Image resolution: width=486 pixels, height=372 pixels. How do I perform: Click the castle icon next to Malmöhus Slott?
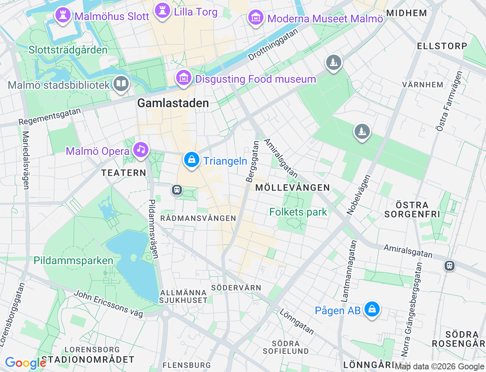pyautogui.click(x=63, y=16)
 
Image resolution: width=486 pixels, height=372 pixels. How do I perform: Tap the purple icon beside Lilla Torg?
pyautogui.click(x=163, y=11)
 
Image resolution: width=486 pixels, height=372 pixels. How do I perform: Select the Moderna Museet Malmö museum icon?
pyautogui.click(x=256, y=17)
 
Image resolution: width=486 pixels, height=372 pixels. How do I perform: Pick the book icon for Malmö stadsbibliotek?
pyautogui.click(x=121, y=84)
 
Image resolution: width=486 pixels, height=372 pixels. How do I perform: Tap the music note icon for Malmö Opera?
pyautogui.click(x=141, y=150)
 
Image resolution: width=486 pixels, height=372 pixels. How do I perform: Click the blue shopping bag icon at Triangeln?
pyautogui.click(x=192, y=160)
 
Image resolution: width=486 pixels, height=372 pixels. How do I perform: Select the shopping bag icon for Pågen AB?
pyautogui.click(x=372, y=309)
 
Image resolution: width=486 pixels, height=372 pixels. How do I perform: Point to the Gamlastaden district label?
pyautogui.click(x=173, y=103)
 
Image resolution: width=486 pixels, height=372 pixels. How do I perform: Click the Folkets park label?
pyautogui.click(x=298, y=212)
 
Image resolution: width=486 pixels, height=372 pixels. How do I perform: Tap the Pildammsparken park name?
pyautogui.click(x=73, y=260)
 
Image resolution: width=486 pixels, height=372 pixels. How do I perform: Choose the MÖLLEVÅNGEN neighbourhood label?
pyautogui.click(x=292, y=188)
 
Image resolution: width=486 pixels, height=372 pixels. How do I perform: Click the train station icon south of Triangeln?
pyautogui.click(x=177, y=189)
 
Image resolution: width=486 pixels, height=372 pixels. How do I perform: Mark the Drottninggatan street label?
pyautogui.click(x=273, y=45)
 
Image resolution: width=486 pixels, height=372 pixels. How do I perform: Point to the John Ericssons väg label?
pyautogui.click(x=108, y=303)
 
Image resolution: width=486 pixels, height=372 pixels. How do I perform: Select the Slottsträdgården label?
pyautogui.click(x=68, y=50)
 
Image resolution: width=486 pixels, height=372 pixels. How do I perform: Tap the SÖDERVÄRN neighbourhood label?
pyautogui.click(x=236, y=288)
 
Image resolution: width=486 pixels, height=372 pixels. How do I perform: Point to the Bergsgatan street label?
pyautogui.click(x=252, y=162)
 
